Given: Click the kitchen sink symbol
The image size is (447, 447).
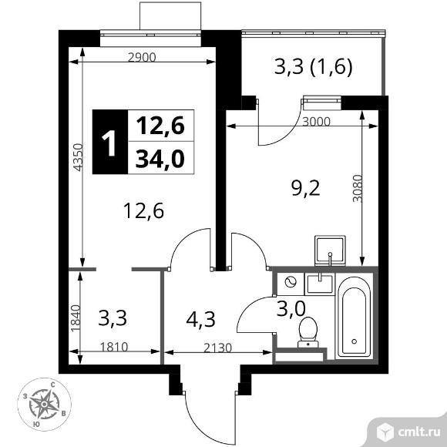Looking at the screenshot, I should point(331,250).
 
